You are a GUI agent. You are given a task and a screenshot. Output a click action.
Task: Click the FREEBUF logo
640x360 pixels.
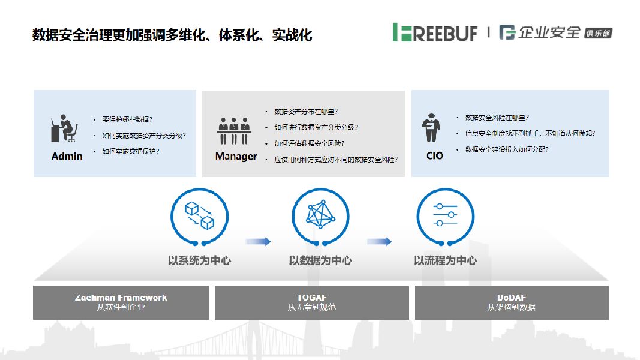[435, 32]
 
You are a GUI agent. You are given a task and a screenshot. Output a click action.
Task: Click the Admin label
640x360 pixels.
[67, 156]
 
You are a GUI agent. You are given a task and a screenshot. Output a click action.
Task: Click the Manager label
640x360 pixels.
[236, 157]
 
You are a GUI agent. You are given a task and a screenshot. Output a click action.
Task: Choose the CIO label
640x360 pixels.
[435, 156]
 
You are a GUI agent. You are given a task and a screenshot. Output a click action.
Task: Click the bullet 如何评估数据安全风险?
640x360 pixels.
[309, 144]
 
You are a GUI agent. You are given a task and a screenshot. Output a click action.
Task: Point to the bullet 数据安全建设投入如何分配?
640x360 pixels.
[507, 149]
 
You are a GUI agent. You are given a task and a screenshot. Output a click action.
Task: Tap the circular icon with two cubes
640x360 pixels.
[199, 215]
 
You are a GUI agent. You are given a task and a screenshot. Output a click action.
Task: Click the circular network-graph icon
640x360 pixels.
[320, 215]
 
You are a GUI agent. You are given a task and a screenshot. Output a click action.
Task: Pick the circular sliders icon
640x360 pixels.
[445, 215]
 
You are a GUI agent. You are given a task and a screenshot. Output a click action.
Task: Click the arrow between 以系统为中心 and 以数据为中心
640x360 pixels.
[259, 241]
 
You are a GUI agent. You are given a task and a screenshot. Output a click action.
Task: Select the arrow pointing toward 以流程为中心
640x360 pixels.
[380, 241]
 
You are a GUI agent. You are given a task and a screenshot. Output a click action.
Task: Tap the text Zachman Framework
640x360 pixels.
[121, 298]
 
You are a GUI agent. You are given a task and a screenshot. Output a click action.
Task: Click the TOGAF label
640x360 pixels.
[312, 298]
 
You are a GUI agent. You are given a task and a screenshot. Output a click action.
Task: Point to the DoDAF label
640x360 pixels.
[512, 298]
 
